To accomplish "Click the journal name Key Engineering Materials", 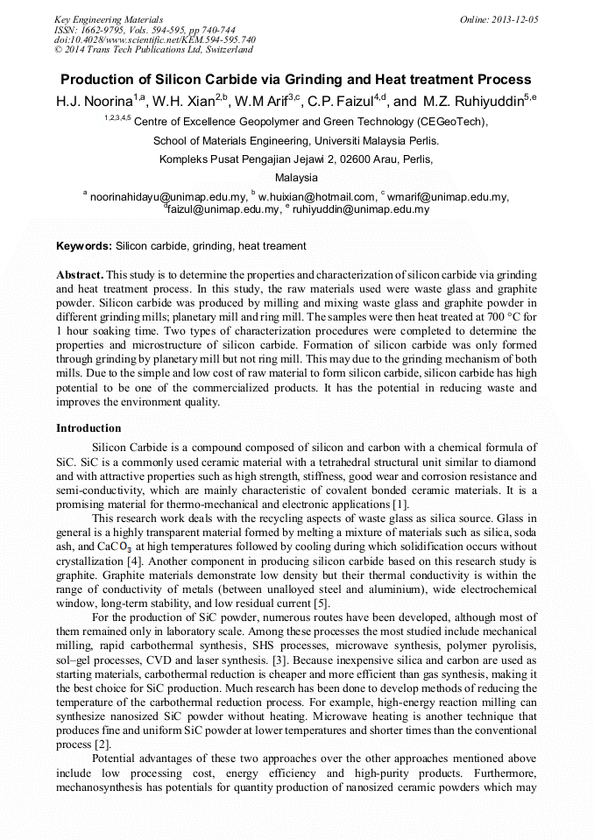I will coord(109,19).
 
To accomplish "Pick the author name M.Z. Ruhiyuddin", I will coord(473,102).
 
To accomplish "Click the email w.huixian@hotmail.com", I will coord(316,197).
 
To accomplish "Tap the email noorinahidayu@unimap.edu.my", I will coord(168,197).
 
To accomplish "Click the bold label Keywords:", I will coord(84,246).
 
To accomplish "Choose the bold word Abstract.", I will coord(80,274).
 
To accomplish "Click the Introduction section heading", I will coord(88,428).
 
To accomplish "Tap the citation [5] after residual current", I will coord(321,603).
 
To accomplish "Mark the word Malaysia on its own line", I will coord(297,178).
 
